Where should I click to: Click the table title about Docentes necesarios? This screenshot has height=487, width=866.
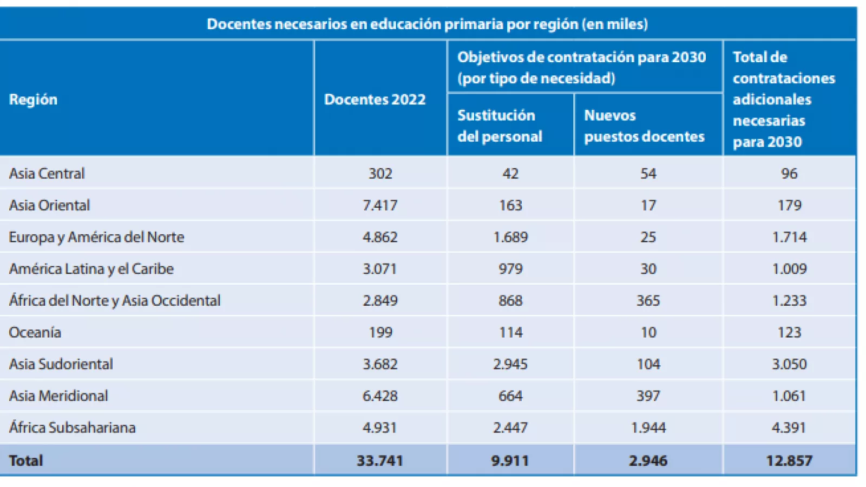click(427, 24)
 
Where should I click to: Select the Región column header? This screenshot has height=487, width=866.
click(33, 100)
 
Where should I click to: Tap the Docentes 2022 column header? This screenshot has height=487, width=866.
click(375, 100)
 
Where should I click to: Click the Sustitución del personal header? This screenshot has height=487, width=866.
click(500, 126)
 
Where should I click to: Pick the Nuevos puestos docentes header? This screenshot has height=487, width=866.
click(644, 126)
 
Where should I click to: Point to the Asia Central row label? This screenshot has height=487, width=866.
click(47, 174)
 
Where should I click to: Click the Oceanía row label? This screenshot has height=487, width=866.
click(35, 332)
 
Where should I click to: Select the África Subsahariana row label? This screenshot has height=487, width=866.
click(72, 427)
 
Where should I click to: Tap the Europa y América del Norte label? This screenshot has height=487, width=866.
click(96, 237)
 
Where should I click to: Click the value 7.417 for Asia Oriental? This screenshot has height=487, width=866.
click(380, 206)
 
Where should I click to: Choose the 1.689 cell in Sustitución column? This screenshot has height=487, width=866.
click(510, 237)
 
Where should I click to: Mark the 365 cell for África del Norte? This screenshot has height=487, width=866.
click(648, 300)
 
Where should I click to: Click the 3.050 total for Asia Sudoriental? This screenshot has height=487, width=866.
click(789, 364)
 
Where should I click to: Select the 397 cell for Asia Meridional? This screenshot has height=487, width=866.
click(648, 396)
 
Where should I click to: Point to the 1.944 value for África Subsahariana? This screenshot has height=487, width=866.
click(648, 427)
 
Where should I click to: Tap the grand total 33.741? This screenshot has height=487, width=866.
click(380, 460)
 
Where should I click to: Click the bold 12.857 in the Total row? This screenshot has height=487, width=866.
click(789, 460)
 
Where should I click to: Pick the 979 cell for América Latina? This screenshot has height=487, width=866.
click(510, 269)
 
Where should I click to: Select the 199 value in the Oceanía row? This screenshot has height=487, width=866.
click(380, 332)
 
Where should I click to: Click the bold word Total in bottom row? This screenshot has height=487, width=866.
click(26, 460)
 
